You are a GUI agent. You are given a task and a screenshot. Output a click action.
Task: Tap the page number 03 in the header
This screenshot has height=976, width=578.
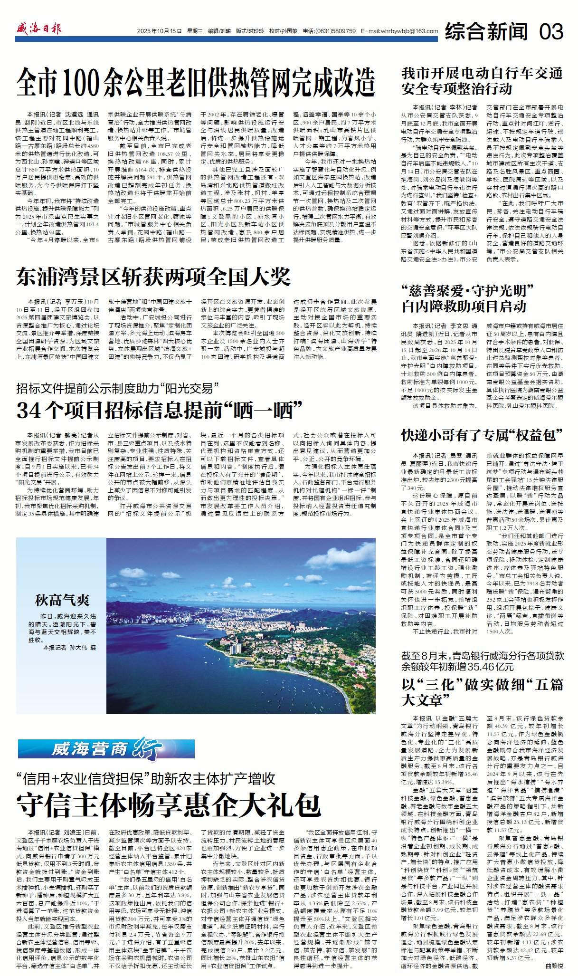point(550,31)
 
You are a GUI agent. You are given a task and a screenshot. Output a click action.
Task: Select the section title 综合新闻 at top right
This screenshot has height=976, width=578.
point(486,31)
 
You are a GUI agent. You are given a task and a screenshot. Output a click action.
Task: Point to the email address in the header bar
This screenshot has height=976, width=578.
point(399,31)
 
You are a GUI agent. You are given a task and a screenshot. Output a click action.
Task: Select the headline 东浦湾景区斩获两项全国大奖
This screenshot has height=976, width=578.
point(153,277)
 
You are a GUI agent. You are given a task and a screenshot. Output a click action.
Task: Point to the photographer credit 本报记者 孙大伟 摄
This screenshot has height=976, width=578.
point(69,647)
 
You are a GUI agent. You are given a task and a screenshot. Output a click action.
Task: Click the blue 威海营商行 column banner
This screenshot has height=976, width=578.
point(106,749)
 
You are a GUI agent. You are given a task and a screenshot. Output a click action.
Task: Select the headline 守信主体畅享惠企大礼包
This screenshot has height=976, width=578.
point(169,804)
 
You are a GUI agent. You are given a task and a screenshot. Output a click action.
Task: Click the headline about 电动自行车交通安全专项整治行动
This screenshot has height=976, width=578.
point(482,81)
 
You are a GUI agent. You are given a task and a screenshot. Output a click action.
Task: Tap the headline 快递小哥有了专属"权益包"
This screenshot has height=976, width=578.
point(482,434)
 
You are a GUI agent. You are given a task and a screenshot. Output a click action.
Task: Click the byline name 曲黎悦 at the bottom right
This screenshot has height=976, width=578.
point(554,966)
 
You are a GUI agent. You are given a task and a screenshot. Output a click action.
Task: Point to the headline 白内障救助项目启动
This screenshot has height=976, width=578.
point(464,306)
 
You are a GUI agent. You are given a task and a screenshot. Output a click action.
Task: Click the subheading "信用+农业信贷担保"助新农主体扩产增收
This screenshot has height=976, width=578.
point(146,779)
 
